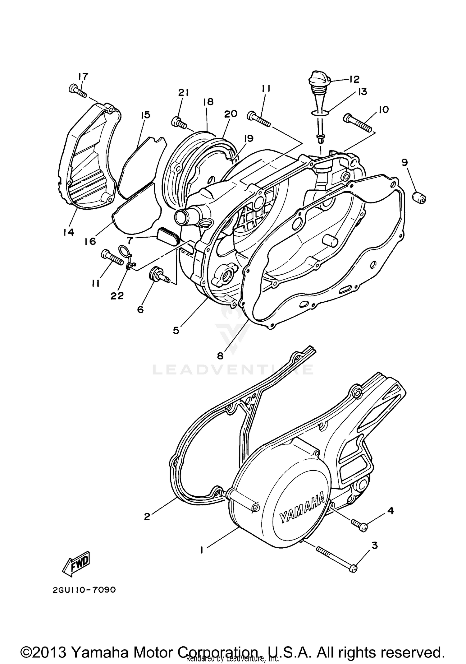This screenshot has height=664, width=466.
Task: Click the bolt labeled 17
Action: click(77, 91)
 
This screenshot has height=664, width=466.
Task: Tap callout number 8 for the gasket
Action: click(220, 356)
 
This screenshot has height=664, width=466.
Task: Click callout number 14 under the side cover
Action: click(69, 232)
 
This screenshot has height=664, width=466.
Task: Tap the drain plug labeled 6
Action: click(158, 273)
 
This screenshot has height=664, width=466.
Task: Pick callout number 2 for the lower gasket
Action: click(147, 517)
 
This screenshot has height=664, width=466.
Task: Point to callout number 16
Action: click(90, 241)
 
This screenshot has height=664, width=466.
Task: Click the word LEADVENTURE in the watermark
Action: click(233, 369)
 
